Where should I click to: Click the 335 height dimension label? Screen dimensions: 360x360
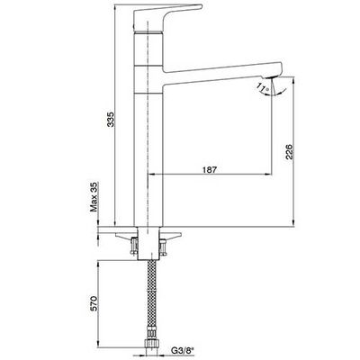click(111, 120)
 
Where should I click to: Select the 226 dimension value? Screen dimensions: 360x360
click(289, 152)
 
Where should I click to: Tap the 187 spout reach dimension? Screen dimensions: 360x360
click(209, 169)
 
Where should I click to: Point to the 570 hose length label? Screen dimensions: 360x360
click(94, 303)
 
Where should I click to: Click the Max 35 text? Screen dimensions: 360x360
click(94, 197)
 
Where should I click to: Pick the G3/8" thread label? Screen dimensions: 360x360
click(182, 350)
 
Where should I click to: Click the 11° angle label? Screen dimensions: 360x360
click(262, 87)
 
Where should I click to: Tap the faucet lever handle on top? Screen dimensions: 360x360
click(166, 17)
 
